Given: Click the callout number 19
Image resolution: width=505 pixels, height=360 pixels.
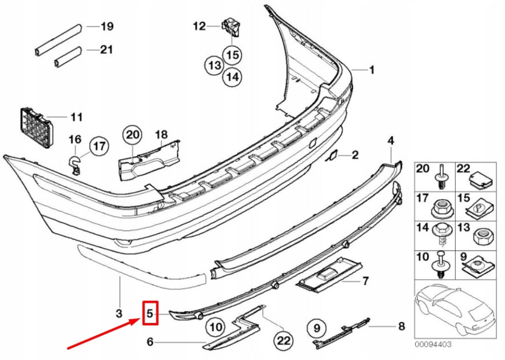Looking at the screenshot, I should (107, 27).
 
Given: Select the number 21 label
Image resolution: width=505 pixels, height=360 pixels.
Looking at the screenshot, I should (107, 49).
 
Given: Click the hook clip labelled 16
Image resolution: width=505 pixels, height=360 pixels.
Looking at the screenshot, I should (75, 165).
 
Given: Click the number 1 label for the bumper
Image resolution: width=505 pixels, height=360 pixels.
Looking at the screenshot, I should (372, 70).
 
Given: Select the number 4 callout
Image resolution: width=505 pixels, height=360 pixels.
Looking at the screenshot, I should (391, 141).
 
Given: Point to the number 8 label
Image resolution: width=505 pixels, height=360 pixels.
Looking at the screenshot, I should (401, 326).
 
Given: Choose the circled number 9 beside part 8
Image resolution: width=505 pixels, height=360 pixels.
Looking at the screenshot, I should (317, 326).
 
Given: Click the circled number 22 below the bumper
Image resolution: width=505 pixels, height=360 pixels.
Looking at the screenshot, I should (285, 340).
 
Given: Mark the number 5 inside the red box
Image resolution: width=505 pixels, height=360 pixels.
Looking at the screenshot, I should (150, 313).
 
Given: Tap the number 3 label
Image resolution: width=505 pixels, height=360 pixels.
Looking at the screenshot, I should (119, 313).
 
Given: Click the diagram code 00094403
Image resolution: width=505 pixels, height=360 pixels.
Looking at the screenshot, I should (433, 345).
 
